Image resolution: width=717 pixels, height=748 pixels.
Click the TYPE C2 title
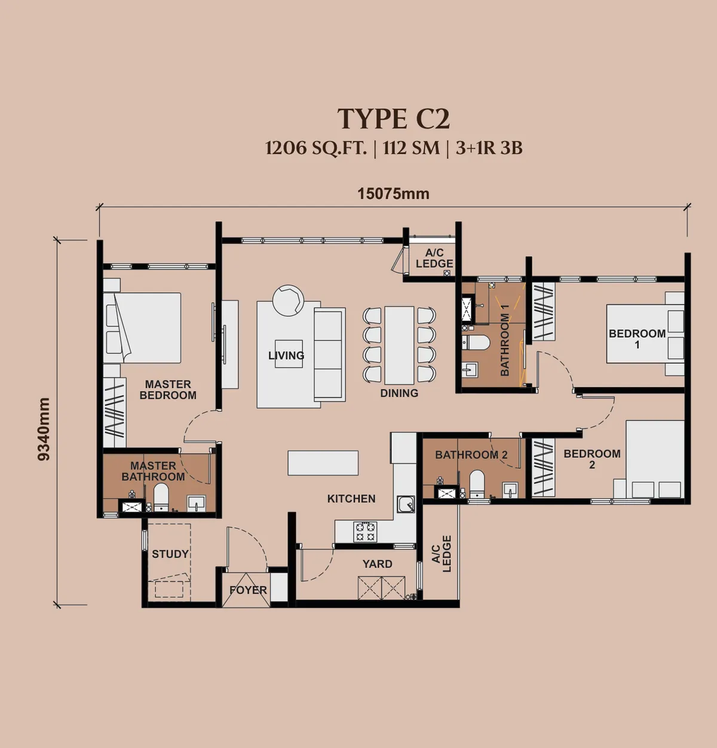click(393, 119)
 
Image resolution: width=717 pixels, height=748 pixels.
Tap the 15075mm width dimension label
click(393, 194)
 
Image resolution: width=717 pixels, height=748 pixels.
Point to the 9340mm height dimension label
click(44, 429)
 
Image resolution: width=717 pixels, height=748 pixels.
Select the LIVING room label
click(286, 355)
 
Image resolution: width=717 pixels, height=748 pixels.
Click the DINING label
click(399, 393)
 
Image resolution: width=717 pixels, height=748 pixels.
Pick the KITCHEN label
click(351, 498)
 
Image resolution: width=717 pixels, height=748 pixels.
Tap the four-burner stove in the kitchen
click(365, 532)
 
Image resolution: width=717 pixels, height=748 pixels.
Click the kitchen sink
click(406, 504)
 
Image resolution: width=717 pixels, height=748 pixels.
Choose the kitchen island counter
click(323, 463)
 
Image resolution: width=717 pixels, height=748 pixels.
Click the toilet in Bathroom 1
click(476, 342)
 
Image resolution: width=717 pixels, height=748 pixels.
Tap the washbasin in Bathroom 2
click(510, 490)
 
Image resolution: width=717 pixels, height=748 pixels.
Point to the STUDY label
click(170, 554)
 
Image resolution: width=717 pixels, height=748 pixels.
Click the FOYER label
click(248, 590)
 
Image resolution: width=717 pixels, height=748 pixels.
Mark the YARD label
click(377, 564)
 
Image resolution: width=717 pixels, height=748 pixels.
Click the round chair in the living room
click(289, 300)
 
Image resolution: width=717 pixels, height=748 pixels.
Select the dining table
click(400, 345)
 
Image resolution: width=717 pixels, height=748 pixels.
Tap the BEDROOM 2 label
click(592, 459)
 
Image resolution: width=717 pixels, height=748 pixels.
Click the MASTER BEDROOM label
click(168, 390)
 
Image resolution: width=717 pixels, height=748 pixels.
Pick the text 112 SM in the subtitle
click(411, 148)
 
